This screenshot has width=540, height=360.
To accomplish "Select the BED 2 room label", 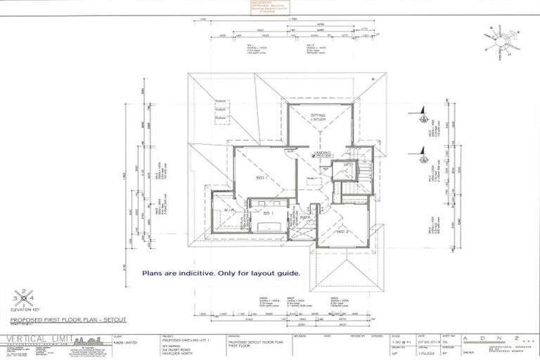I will point(342,231).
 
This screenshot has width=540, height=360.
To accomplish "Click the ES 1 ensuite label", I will point(267,212).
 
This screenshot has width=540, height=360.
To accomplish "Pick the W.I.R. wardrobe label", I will point(229,210).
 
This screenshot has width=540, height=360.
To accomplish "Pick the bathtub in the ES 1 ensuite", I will point(268,226).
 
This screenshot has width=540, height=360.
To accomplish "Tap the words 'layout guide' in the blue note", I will point(278,273).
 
